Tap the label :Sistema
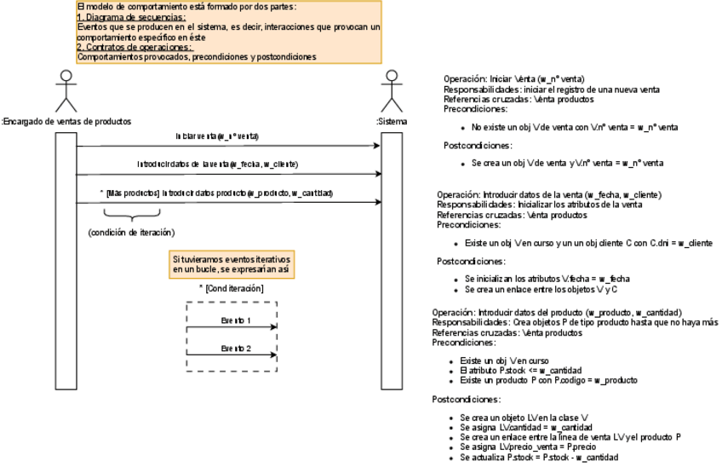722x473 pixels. point(392,122)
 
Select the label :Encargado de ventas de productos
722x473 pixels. point(67,122)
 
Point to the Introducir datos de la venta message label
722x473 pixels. point(218,164)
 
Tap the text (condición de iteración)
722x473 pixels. point(131,233)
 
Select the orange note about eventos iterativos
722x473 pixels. point(231,263)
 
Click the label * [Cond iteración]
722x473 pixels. point(231,289)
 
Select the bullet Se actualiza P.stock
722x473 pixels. point(539,458)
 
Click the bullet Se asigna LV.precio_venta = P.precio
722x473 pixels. point(527,447)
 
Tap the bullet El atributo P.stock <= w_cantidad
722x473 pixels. point(519,371)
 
